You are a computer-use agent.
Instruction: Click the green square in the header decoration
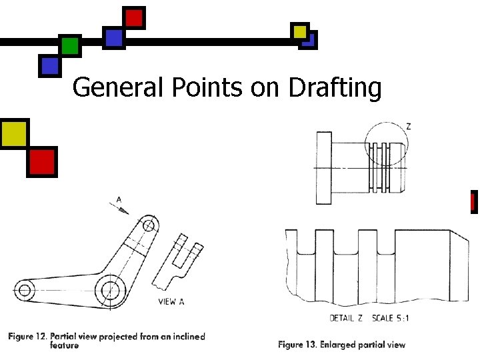pyautogui.click(x=69, y=46)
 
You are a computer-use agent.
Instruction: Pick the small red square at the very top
pyautogui.click(x=134, y=17)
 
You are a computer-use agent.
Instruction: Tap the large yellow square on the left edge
pyautogui.click(x=14, y=133)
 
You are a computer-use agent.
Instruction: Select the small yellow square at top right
pyautogui.click(x=300, y=31)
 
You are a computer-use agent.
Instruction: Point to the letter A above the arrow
pyautogui.click(x=119, y=199)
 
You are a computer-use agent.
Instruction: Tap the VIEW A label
pyautogui.click(x=171, y=301)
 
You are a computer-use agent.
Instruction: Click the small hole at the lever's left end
pyautogui.click(x=25, y=290)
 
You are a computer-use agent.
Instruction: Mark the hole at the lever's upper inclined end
pyautogui.click(x=149, y=226)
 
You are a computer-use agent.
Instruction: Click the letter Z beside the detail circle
pyautogui.click(x=408, y=126)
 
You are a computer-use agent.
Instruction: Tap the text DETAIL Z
pyautogui.click(x=346, y=318)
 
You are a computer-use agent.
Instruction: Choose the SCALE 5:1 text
pyautogui.click(x=390, y=318)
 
